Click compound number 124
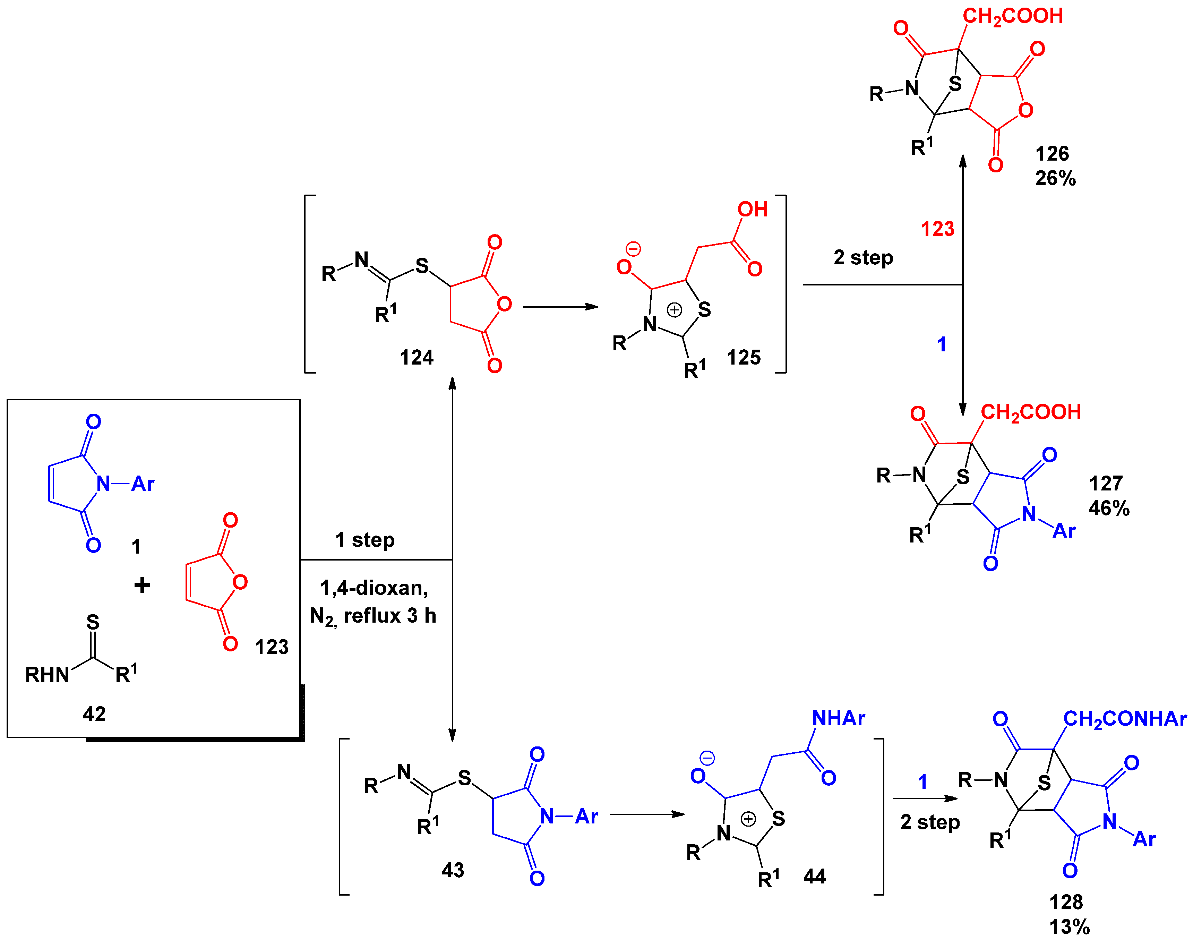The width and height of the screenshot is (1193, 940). (416, 358)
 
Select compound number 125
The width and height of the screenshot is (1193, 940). (744, 358)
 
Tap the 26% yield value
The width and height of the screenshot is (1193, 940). (1055, 178)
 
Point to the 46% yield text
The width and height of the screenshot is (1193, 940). (1109, 508)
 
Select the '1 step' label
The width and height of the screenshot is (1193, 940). (365, 540)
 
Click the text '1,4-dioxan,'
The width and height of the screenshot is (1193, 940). (374, 588)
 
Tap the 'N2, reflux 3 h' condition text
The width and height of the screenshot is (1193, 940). (373, 616)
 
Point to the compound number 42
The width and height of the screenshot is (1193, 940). (94, 714)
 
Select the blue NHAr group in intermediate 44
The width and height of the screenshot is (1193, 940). (838, 718)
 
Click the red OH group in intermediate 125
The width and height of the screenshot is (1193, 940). (752, 209)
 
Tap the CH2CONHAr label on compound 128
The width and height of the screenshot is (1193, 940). (1124, 719)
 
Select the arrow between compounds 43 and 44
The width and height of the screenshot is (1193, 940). (646, 814)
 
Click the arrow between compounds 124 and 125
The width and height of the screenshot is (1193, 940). (560, 307)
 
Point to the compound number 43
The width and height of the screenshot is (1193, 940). (453, 870)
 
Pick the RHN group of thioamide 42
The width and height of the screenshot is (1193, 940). (47, 675)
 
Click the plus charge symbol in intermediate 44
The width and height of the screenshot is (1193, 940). (748, 819)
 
